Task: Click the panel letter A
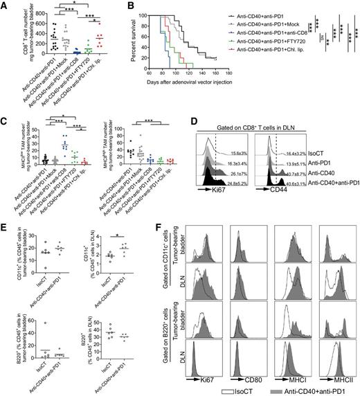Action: pyautogui.click(x=6, y=6)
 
